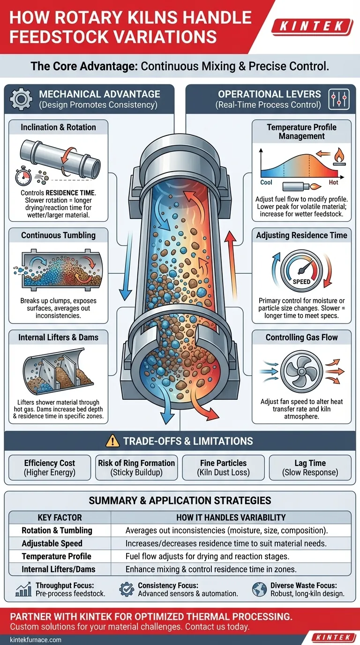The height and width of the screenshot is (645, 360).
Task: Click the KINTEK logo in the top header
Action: [312, 27]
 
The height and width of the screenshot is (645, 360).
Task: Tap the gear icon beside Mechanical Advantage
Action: [21, 99]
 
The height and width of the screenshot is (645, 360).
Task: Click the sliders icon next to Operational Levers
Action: [339, 99]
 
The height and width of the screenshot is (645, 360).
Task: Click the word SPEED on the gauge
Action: [301, 282]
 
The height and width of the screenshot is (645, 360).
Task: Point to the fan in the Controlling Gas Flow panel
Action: [301, 372]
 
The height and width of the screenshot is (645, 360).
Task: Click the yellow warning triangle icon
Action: [112, 441]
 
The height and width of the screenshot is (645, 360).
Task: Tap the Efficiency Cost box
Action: [50, 468]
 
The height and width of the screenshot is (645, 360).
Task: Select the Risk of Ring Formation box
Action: [136, 468]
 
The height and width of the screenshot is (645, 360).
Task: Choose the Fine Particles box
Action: [224, 468]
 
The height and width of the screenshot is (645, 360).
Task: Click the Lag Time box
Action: [310, 468]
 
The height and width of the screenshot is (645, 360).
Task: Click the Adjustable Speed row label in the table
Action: [52, 543]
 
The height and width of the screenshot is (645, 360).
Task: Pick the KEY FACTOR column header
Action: [60, 517]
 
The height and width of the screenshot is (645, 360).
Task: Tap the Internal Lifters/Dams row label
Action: [59, 569]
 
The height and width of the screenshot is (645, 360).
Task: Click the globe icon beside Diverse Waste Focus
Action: [260, 589]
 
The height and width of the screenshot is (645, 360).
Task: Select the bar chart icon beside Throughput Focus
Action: [23, 589]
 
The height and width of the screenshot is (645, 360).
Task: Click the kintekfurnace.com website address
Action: [36, 639]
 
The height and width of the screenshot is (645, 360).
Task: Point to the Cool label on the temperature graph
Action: [266, 182]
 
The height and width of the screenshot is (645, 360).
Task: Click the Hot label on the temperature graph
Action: [333, 182]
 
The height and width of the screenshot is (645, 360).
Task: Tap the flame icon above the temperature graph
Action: [339, 157]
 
